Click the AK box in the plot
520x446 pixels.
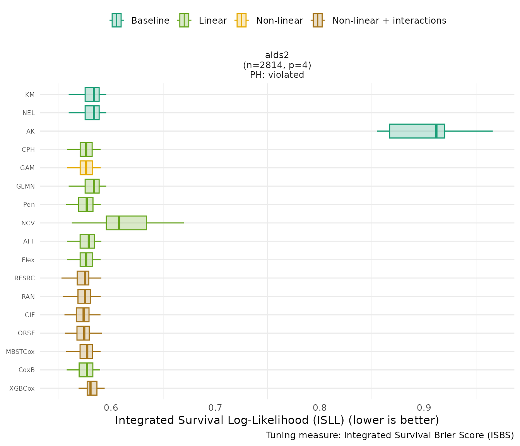point(417,131)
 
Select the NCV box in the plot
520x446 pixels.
point(126,223)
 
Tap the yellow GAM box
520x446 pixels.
point(86,168)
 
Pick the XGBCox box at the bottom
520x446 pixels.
point(92,388)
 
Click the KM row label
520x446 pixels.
point(30,94)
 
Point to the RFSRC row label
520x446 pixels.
point(24,278)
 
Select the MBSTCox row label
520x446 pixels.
point(20,352)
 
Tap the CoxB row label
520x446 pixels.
point(27,370)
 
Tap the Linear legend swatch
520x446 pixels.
point(184,20)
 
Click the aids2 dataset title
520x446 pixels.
point(277,55)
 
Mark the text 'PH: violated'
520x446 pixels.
point(277,75)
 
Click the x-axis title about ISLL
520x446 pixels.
point(277,420)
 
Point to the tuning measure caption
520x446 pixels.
point(390,435)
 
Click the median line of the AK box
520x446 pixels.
point(436,131)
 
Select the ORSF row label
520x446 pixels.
point(26,333)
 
